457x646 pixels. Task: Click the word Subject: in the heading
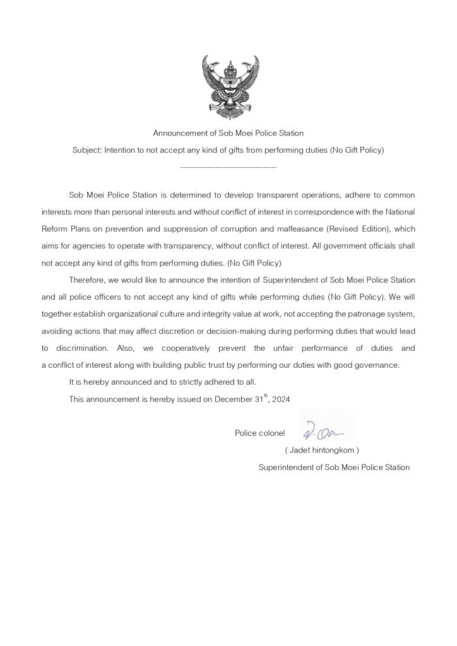(x=87, y=151)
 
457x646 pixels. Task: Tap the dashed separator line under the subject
(x=228, y=168)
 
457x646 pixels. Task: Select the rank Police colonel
(x=259, y=433)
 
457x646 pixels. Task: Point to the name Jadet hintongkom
(x=322, y=450)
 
